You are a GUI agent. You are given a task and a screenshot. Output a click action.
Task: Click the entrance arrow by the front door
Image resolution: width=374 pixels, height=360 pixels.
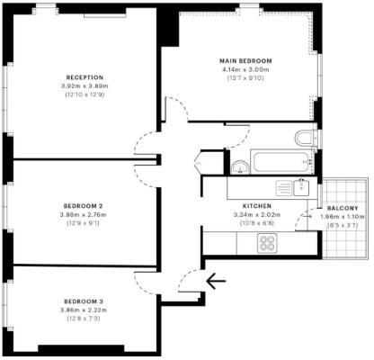[215, 281]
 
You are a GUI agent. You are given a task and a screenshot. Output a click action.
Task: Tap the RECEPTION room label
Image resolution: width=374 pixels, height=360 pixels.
[85, 77]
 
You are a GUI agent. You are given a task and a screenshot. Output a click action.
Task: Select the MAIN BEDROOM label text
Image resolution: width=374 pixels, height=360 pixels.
[245, 61]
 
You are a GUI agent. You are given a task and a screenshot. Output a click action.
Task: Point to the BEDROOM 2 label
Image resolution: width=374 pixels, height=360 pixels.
[84, 205]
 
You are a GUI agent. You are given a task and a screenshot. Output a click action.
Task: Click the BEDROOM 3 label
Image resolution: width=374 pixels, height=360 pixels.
[84, 301]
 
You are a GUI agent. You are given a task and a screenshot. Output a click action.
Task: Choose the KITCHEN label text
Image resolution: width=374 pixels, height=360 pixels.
[243, 204]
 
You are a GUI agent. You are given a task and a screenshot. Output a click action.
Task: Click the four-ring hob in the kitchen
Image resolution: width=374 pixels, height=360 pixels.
[268, 241]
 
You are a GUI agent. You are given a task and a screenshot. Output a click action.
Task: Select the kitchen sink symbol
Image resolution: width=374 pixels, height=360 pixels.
[299, 186]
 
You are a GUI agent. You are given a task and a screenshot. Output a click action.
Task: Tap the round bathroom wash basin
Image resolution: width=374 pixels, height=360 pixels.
[239, 167]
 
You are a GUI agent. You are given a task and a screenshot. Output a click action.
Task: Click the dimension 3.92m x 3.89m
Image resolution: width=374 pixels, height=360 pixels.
[85, 86]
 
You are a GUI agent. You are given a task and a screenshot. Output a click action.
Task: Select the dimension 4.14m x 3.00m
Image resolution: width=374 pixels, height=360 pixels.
[245, 70]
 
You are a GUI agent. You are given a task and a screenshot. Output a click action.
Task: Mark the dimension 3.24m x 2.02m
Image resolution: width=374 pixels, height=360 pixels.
[243, 214]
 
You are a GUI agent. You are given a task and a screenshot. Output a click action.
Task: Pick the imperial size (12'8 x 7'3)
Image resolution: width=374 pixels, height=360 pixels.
[84, 319]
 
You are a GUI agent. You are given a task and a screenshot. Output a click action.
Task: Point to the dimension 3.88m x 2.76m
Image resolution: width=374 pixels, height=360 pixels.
[84, 214]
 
